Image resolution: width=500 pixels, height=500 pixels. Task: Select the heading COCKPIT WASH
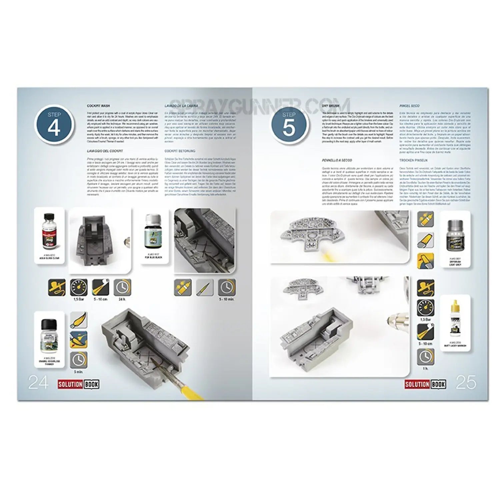click(x=96, y=106)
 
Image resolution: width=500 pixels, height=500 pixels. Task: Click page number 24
click(x=38, y=383)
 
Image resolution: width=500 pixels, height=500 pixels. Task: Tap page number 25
click(x=466, y=383)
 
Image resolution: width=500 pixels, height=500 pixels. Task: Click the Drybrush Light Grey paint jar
click(x=455, y=236)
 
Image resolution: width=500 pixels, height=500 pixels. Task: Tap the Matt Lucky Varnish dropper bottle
click(x=455, y=320)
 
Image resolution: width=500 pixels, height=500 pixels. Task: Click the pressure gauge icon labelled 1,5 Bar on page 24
click(x=79, y=287)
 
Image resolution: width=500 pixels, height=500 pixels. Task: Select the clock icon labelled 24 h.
click(x=122, y=287)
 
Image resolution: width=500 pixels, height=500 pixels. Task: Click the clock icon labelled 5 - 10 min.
click(x=227, y=287)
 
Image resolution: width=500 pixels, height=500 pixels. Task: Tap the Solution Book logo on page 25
click(x=425, y=384)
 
